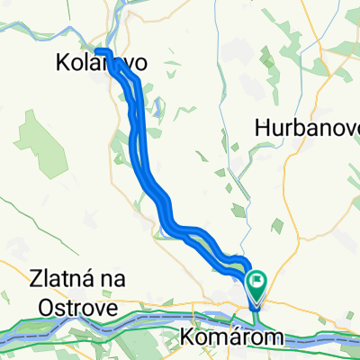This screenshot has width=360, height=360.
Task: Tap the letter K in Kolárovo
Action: (62, 65)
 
